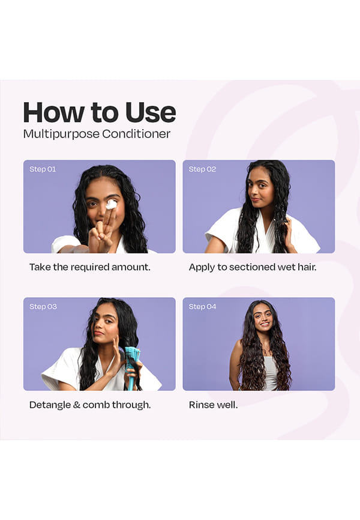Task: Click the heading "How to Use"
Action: (x=100, y=112)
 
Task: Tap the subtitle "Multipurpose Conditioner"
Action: (x=97, y=134)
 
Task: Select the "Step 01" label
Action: (x=43, y=169)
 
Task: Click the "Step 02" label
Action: (x=202, y=169)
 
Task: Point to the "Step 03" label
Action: (x=43, y=306)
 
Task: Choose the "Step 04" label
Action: (x=202, y=306)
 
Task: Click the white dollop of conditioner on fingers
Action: (x=112, y=205)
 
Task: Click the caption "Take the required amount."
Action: (x=90, y=267)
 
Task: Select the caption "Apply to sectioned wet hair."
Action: (x=253, y=267)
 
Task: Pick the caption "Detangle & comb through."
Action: (x=90, y=405)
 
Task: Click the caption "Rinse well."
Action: (x=213, y=405)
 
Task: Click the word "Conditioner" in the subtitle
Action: (x=136, y=134)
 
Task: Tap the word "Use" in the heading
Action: (x=151, y=112)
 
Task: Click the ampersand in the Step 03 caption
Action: (x=77, y=405)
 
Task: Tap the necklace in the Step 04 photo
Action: (x=265, y=348)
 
